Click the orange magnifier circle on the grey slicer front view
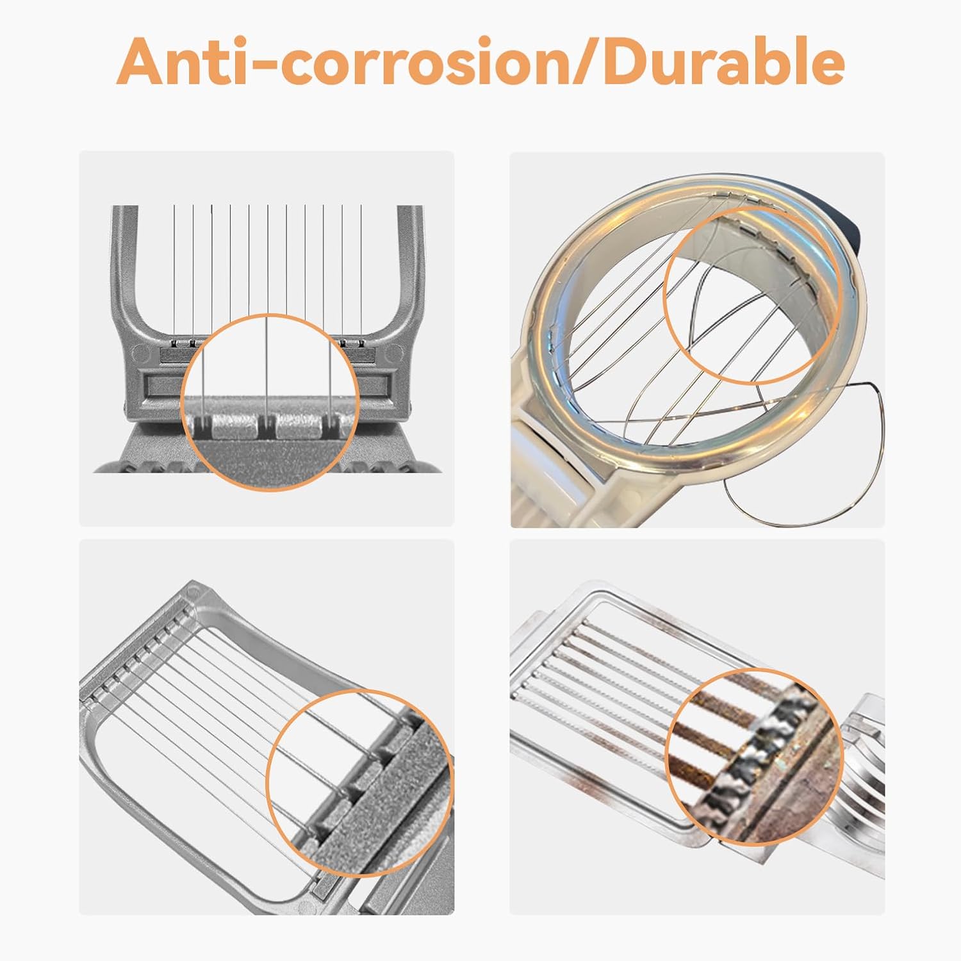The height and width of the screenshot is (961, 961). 269,402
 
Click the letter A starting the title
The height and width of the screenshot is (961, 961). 142,63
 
